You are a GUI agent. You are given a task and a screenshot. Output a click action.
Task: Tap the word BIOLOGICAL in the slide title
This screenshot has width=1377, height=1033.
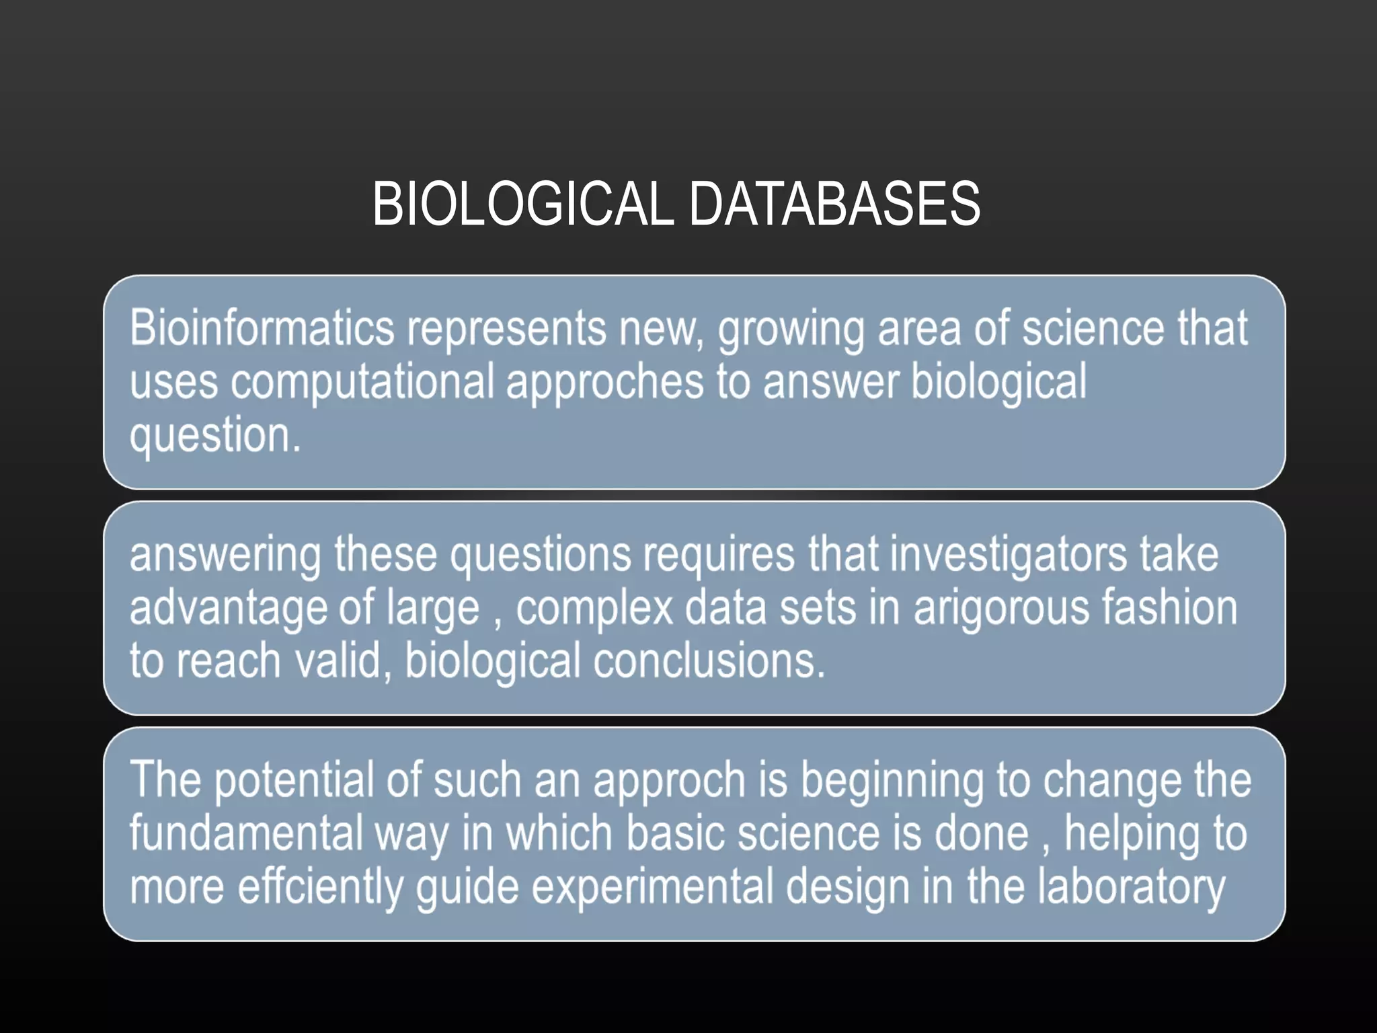tap(522, 204)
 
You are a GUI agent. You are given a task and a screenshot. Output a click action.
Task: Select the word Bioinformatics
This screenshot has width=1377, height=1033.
tap(262, 328)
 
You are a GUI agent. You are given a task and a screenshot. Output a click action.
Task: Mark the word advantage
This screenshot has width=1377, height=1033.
tap(228, 609)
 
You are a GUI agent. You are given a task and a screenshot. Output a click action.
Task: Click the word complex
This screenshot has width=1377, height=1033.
tap(594, 608)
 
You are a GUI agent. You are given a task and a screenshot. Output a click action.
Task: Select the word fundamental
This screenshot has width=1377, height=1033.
tap(246, 833)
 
